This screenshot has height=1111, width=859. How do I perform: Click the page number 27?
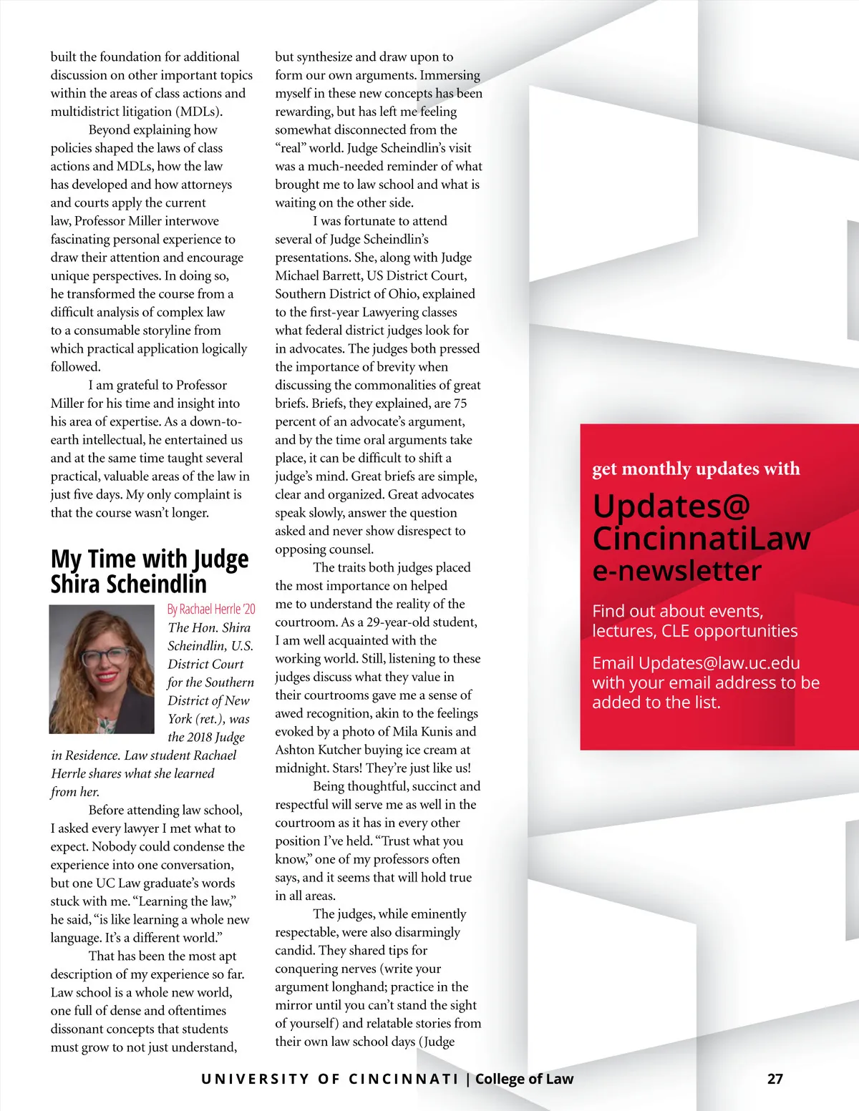coord(775,1079)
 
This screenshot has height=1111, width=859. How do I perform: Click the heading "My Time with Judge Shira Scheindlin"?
coord(150,571)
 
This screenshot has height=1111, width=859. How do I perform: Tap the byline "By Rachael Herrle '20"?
coord(211,609)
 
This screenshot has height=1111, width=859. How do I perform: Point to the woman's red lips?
coord(107,676)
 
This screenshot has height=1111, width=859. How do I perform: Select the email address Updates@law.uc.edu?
coord(719,663)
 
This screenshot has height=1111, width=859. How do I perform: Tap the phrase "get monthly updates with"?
coord(696,469)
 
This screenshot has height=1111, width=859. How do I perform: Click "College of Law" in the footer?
coord(524,1079)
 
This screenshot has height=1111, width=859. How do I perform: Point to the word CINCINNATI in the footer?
coord(403,1079)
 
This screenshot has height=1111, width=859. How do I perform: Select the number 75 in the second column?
coord(460,403)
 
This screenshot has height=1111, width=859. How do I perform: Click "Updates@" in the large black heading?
coord(671,506)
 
